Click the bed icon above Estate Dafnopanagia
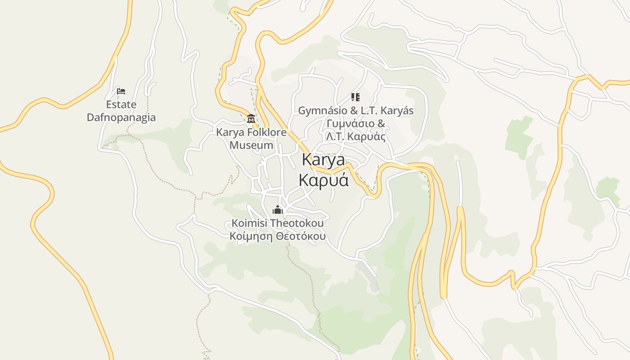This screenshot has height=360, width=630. pyautogui.click(x=121, y=91)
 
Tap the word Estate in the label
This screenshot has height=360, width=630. pyautogui.click(x=121, y=104)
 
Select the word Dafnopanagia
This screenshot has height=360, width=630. pyautogui.click(x=121, y=117)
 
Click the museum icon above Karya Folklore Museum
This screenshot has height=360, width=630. pyautogui.click(x=251, y=119)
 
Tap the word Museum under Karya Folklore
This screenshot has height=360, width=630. pyautogui.click(x=251, y=145)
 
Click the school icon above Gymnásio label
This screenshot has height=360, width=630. pyautogui.click(x=355, y=97)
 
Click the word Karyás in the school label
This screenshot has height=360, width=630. pyautogui.click(x=399, y=111)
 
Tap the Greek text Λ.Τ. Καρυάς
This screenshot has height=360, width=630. pyautogui.click(x=355, y=137)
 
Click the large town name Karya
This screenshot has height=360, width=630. pyautogui.click(x=324, y=160)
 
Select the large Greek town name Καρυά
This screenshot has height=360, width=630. pyautogui.click(x=324, y=180)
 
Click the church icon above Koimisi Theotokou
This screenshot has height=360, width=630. pyautogui.click(x=278, y=210)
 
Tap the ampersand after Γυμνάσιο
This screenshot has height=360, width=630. pyautogui.click(x=381, y=124)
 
